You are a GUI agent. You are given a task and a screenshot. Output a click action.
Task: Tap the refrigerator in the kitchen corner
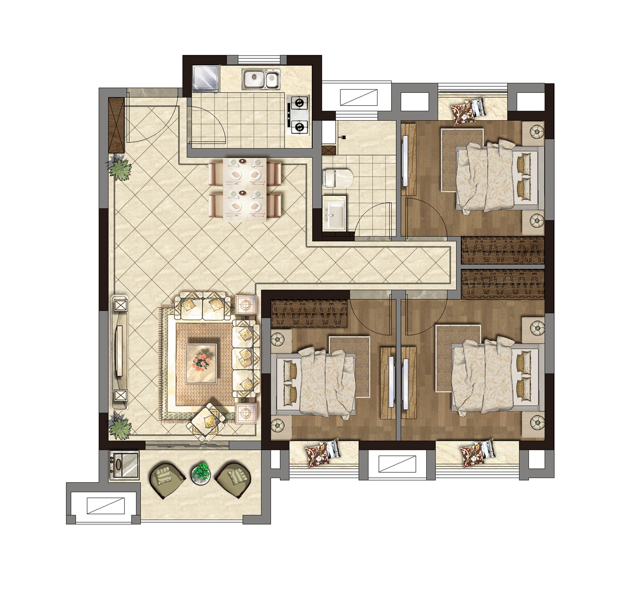205,78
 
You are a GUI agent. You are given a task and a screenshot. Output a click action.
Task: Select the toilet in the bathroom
337,178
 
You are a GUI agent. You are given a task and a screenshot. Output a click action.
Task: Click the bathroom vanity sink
334,213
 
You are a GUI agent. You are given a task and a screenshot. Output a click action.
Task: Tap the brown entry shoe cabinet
117,125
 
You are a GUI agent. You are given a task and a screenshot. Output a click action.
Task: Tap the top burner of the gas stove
299,103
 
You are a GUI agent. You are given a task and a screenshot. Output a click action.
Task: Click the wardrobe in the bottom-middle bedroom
309,313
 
